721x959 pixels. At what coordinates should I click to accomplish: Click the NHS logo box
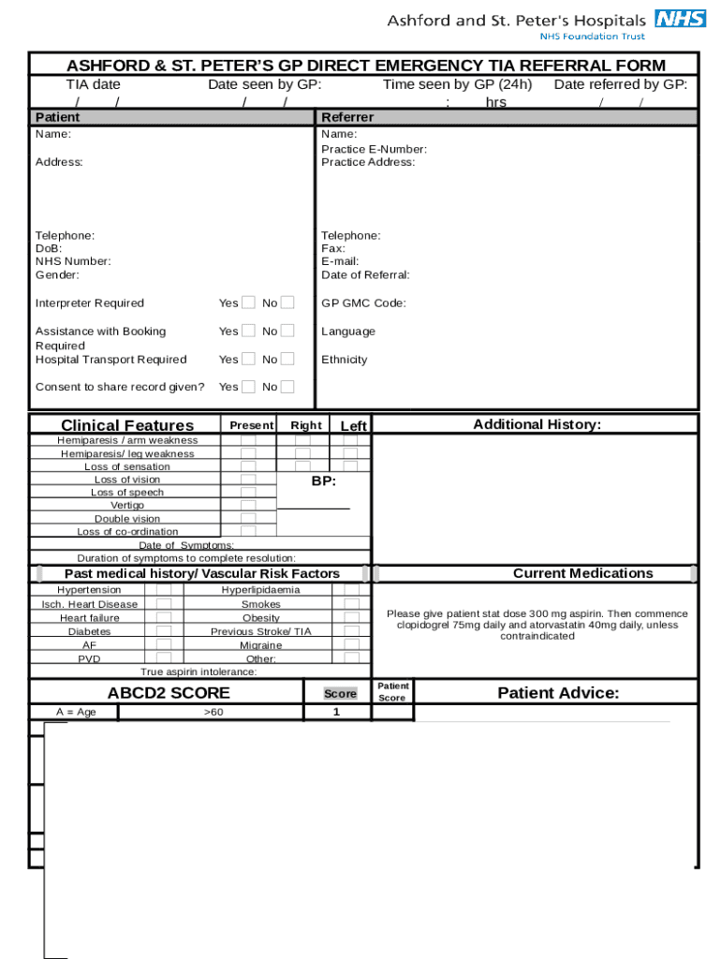680,20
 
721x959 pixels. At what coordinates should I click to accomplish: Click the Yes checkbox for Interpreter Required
248,302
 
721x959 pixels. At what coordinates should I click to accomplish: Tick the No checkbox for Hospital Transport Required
287,359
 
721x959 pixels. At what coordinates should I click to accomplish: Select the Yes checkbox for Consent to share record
248,387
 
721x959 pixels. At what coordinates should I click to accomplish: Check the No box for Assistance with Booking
287,331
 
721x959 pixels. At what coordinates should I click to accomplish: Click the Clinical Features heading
127,426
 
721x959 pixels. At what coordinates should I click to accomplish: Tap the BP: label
323,481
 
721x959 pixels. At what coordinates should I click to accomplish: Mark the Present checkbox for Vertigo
248,506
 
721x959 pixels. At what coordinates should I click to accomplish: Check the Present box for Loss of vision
248,479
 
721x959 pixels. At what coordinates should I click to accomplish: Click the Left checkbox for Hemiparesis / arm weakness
350,440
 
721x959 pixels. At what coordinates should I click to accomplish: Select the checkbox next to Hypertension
164,590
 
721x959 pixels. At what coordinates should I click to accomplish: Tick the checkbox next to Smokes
351,604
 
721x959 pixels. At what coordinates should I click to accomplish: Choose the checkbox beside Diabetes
164,631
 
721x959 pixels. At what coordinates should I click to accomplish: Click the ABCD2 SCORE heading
169,693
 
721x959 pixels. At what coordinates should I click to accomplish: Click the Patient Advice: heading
558,693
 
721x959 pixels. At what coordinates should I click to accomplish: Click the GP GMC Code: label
363,303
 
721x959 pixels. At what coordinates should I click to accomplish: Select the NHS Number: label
73,262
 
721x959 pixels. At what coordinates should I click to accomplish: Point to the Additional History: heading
537,424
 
